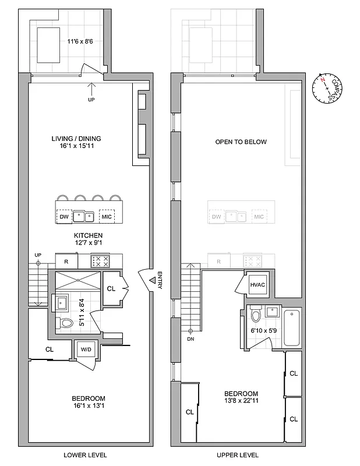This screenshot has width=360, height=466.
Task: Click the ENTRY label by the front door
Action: pos(159,281)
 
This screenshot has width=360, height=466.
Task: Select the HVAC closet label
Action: pos(257,284)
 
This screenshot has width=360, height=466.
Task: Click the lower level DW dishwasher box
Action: pos(64,217)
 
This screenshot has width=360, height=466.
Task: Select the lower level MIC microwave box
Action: pos(106,217)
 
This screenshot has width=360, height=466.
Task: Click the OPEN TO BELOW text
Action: pos(241,142)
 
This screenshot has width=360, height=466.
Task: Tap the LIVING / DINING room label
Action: pos(76,139)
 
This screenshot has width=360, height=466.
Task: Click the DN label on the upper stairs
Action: pos(190,338)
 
